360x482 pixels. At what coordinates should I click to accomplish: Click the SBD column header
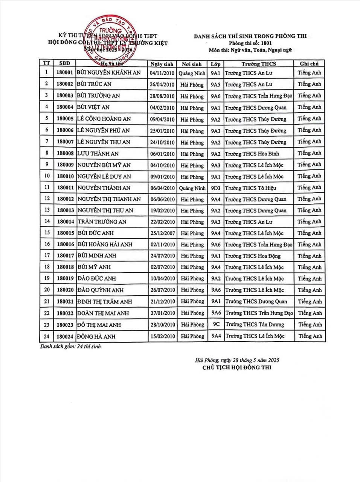[64, 63]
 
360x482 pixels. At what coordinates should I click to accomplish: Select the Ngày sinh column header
[162, 64]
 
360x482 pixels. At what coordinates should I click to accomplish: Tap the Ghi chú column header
[309, 64]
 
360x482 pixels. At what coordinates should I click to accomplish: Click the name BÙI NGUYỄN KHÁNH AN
[109, 73]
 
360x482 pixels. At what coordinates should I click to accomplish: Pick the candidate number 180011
[65, 188]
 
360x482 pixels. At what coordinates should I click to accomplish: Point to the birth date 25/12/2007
[162, 233]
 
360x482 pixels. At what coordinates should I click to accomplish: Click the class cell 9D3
[216, 188]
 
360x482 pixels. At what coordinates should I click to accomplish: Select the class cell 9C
[216, 324]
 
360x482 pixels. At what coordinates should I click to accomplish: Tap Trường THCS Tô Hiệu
[250, 188]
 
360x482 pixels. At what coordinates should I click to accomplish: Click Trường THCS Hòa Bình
[252, 154]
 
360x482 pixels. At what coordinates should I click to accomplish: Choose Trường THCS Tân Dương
[255, 324]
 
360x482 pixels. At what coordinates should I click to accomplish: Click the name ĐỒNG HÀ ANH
[96, 336]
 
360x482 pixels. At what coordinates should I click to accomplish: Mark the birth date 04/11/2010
[162, 73]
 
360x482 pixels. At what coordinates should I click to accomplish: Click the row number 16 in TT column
[47, 244]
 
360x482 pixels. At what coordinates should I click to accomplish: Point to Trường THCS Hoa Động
[253, 256]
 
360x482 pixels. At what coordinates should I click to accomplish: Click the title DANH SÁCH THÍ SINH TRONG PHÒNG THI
[250, 36]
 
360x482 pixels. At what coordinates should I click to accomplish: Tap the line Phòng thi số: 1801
[250, 43]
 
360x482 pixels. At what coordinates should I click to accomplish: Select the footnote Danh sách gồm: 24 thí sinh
[71, 346]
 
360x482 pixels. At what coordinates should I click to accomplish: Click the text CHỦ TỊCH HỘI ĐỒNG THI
[236, 368]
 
